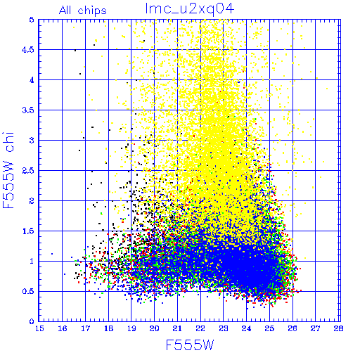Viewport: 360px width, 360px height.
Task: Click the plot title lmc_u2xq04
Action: tap(190, 9)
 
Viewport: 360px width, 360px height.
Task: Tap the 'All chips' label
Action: tap(83, 11)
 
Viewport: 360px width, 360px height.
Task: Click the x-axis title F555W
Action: tap(190, 345)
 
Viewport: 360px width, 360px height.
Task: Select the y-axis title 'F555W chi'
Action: tap(8, 170)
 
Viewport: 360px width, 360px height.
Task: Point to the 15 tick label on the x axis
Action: tap(39, 328)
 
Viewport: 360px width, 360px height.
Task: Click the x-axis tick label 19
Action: tap(131, 328)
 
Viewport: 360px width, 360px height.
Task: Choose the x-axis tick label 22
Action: tap(200, 328)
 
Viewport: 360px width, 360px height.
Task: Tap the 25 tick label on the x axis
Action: tap(269, 328)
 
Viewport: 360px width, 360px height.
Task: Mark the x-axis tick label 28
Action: tap(339, 328)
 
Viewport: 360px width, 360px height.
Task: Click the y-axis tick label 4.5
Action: tap(28, 50)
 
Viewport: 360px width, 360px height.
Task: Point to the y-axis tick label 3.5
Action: tap(28, 110)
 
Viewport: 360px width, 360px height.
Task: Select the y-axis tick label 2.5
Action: tap(28, 171)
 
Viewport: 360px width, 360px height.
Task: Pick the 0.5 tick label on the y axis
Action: tap(28, 292)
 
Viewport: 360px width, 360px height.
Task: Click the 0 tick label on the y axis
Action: tap(32, 321)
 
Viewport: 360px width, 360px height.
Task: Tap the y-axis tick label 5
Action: tap(32, 20)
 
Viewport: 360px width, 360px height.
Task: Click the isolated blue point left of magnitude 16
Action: tap(52, 254)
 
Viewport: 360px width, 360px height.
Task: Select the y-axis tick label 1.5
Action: tap(28, 231)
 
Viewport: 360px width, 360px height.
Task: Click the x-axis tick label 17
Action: tap(85, 328)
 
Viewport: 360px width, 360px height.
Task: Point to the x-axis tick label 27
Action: tap(316, 328)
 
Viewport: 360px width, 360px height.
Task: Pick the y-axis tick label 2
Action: tap(32, 201)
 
